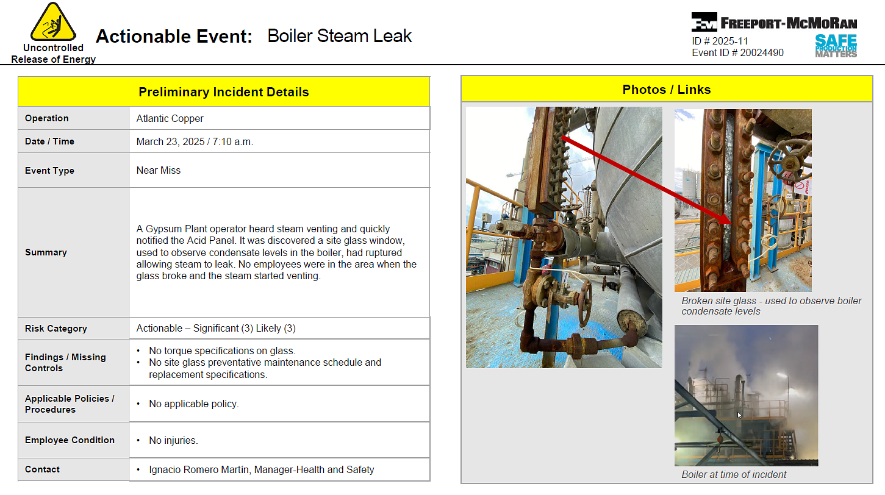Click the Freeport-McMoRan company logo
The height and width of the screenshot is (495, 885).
pyautogui.click(x=774, y=22)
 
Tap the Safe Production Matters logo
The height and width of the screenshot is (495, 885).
pyautogui.click(x=836, y=46)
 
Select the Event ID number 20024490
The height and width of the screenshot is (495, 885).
pyautogui.click(x=762, y=52)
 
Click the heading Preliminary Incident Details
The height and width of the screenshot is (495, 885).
pyautogui.click(x=224, y=92)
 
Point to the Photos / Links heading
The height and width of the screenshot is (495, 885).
pyautogui.click(x=667, y=90)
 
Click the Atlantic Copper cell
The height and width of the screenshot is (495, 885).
pyautogui.click(x=170, y=118)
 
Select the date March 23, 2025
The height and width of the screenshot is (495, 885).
pyautogui.click(x=170, y=141)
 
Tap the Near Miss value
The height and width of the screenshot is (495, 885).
pyautogui.click(x=159, y=170)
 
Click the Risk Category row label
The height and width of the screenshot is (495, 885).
pyautogui.click(x=56, y=329)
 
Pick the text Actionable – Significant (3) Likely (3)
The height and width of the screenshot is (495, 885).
pyautogui.click(x=216, y=329)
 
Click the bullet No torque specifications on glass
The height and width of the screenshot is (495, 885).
pyautogui.click(x=222, y=351)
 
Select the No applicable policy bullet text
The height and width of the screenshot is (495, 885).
pyautogui.click(x=193, y=404)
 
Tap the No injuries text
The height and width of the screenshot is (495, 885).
pyautogui.click(x=173, y=440)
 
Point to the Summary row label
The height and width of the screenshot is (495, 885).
pyautogui.click(x=46, y=252)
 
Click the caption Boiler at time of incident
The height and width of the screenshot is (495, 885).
pyautogui.click(x=734, y=474)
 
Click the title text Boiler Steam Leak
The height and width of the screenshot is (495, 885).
pyautogui.click(x=339, y=36)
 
